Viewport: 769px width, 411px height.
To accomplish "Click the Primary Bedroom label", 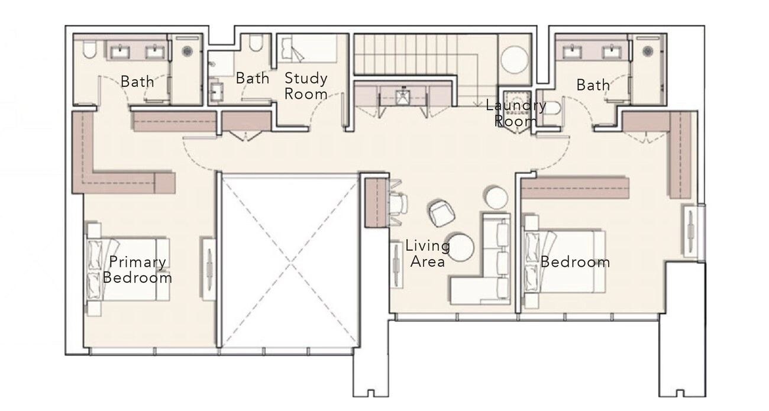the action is (137, 270).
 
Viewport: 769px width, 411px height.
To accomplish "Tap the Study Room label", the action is (306, 86).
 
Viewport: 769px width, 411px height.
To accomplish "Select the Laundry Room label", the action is (516, 113).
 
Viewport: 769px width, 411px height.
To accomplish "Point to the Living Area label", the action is (428, 254).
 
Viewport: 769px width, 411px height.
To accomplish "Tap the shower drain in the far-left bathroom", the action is (187, 51).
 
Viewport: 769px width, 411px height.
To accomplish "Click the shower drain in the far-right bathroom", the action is (648, 51).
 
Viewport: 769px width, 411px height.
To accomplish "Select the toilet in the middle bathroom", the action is (256, 43).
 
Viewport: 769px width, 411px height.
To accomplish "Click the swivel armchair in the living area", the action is (441, 213).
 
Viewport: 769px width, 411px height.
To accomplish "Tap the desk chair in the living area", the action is (399, 203).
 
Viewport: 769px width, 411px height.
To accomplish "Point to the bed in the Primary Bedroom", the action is (128, 269).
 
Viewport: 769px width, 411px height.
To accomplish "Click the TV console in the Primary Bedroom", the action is (209, 269).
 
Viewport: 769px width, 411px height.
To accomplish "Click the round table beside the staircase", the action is (514, 59).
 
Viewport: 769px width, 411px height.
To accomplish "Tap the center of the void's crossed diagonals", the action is (290, 264).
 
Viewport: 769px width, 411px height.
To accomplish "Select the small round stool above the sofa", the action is (495, 197).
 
